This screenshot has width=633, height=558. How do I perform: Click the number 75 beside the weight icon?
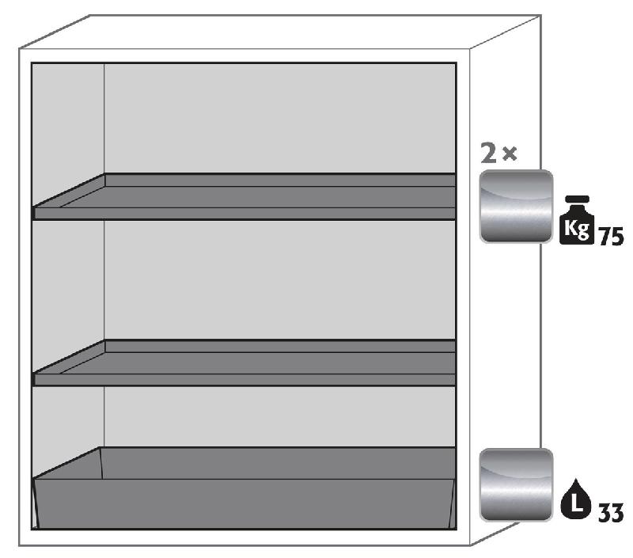pyautogui.click(x=611, y=236)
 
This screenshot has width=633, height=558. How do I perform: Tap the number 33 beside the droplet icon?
pyautogui.click(x=611, y=513)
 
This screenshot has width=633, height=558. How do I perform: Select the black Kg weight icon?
pyautogui.click(x=577, y=220)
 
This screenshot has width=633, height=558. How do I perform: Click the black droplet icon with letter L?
pyautogui.click(x=576, y=499)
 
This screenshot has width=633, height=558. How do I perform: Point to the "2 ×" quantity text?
pyautogui.click(x=498, y=153)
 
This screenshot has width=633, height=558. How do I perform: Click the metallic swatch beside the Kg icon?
pyautogui.click(x=516, y=207)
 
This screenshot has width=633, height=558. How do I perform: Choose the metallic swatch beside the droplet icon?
pyautogui.click(x=516, y=485)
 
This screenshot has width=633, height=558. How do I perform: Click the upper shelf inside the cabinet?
pyautogui.click(x=244, y=196)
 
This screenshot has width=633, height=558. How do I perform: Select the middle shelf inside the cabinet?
pyautogui.click(x=244, y=363)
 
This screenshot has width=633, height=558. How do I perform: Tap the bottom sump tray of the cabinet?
pyautogui.click(x=244, y=488)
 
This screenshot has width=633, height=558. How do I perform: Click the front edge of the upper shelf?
pyautogui.click(x=244, y=214)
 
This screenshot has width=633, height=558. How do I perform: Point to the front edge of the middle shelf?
pyautogui.click(x=244, y=380)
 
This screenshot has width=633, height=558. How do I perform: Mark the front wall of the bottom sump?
pyautogui.click(x=244, y=503)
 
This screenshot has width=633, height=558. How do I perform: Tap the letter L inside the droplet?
pyautogui.click(x=576, y=503)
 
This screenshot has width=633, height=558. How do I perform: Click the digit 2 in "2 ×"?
pyautogui.click(x=488, y=154)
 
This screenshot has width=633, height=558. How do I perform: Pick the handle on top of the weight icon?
pyautogui.click(x=578, y=199)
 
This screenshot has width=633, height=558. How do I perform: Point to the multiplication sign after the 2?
pyautogui.click(x=510, y=154)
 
